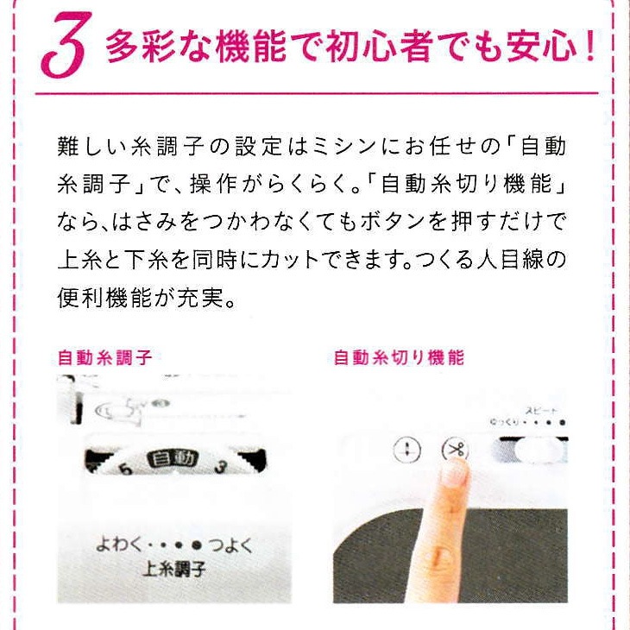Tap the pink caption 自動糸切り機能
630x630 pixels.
[399, 357]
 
